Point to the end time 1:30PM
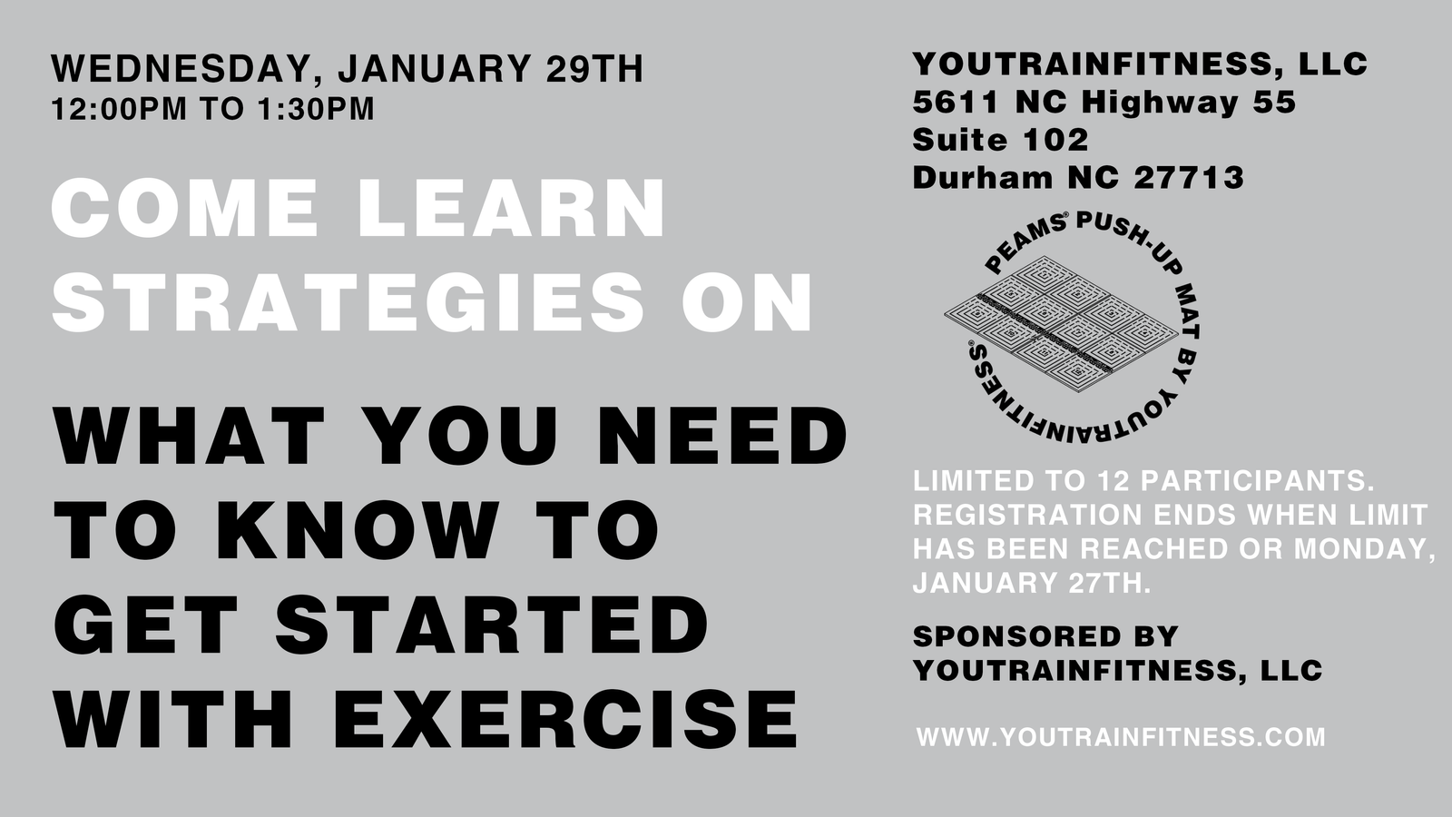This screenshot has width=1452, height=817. (316, 109)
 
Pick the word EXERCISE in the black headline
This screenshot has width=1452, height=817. (565, 719)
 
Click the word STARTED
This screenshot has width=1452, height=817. (492, 625)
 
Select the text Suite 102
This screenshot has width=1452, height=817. (1000, 140)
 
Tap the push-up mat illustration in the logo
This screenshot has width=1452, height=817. (1061, 324)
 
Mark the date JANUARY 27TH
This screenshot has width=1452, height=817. (1031, 583)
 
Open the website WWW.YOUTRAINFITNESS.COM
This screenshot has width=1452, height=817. (1121, 737)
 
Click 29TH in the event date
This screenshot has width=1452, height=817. (594, 69)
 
